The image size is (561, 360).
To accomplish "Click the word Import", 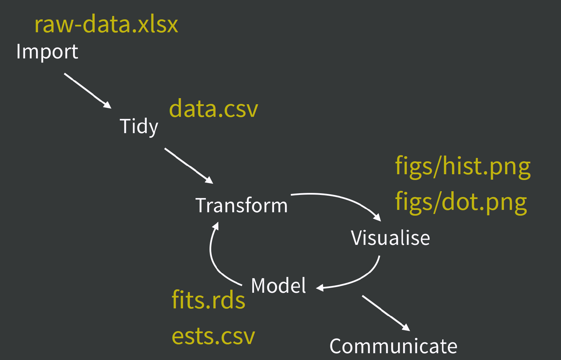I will pos(47,52).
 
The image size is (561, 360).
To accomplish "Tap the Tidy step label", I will pos(139,126).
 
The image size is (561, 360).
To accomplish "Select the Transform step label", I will pos(241,205).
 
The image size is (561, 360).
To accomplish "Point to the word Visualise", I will pos(390,238).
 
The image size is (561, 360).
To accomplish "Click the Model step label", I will pos(278,285).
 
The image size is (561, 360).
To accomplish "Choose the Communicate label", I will pos(393,346).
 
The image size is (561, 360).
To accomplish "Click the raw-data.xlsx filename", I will pos(106,24).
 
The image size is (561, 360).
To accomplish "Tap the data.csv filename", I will pos(214,109).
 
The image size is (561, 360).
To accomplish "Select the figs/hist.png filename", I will pos(463,166).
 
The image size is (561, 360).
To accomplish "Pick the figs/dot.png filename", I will pos(461,202).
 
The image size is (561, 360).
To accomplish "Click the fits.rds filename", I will pos(208,300).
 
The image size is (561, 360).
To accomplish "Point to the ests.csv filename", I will pos(213,336).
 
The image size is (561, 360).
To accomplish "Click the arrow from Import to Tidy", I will pos(87,90).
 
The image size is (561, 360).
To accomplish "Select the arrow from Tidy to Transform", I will pos(188,165).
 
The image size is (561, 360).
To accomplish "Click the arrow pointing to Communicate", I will pos(385,313).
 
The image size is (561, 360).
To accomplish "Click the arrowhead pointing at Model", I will pos(320,288).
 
